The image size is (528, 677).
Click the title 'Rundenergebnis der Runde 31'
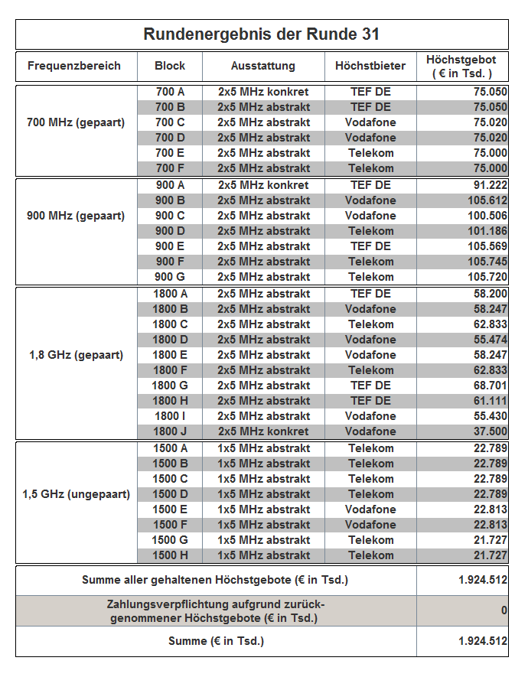tap(262, 34)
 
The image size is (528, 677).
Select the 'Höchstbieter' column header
tap(370, 66)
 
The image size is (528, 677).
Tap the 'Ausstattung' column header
tap(263, 66)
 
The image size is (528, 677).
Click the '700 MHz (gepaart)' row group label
tap(76, 122)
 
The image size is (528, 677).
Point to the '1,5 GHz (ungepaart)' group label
tap(76, 494)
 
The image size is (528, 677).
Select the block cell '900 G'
tap(170, 277)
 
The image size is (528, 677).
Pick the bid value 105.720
tap(487, 277)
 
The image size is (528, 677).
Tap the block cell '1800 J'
tap(170, 431)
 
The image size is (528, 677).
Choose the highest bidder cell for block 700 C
tap(370, 122)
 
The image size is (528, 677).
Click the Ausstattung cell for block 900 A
tap(263, 185)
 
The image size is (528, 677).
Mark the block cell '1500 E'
tap(170, 509)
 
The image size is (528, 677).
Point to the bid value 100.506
tap(487, 216)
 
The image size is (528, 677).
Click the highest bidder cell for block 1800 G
tap(370, 386)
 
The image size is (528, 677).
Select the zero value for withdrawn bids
tap(504, 610)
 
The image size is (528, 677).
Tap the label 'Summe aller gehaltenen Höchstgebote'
tap(215, 580)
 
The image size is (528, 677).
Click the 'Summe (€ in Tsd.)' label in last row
tap(216, 641)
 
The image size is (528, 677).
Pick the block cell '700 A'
tap(170, 92)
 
